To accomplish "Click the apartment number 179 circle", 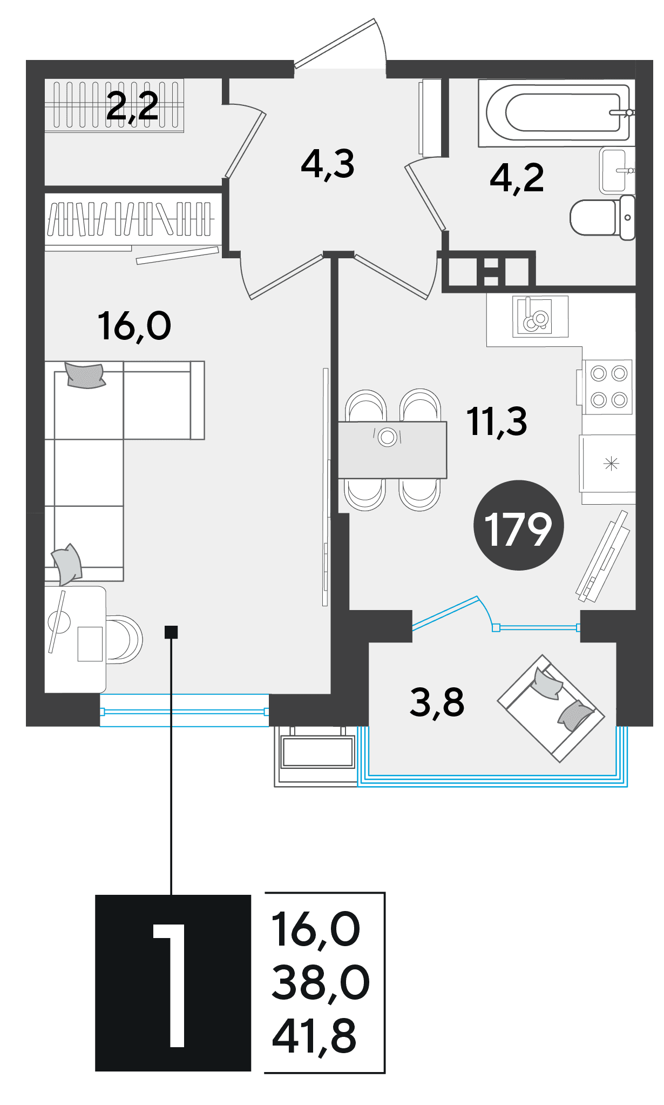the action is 518,525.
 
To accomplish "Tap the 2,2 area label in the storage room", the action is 133,106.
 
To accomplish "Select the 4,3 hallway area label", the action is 328,164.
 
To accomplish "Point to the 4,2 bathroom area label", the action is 517,178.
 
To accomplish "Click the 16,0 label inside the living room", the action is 134,326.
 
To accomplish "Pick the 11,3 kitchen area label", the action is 497,421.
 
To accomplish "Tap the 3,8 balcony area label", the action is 437,702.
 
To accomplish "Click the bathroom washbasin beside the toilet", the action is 616,170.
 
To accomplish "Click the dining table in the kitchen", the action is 392,450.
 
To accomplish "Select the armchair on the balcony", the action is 551,708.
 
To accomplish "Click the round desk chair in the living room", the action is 124,639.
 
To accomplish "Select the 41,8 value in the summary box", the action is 314,1037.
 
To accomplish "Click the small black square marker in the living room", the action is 171,632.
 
